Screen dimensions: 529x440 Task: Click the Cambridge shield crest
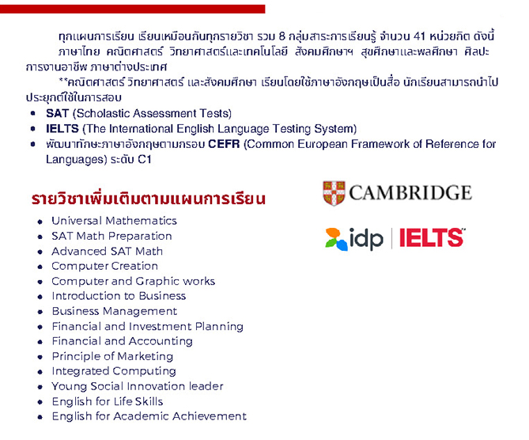point(334,193)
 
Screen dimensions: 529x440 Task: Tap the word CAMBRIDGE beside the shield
point(410,193)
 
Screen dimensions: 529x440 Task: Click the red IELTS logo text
point(432,237)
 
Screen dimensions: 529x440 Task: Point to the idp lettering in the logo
point(366,239)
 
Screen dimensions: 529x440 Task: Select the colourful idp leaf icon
point(336,239)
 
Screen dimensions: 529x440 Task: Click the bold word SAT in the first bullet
point(58,113)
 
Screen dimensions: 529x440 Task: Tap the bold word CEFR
point(224,144)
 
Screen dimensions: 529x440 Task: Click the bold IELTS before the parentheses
point(62,129)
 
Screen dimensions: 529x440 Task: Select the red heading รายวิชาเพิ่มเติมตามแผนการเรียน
point(149,199)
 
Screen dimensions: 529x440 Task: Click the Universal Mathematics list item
point(114,221)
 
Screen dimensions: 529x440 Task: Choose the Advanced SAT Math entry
point(107,251)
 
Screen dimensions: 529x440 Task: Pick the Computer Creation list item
point(104,266)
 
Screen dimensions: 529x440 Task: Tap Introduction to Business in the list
point(119,296)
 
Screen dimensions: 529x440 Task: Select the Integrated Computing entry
point(114,371)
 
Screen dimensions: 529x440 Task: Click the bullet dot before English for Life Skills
point(40,402)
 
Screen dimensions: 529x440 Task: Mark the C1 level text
point(145,159)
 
